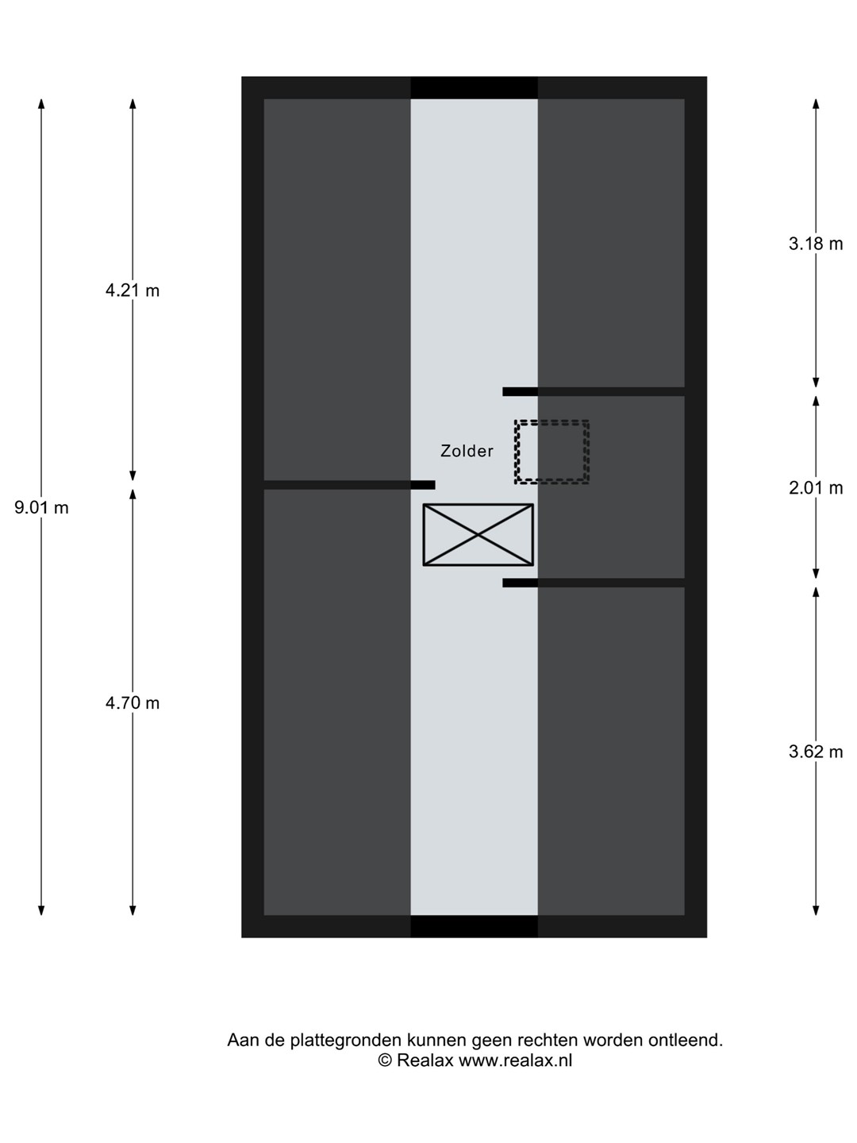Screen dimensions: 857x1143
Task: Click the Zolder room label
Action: click(467, 451)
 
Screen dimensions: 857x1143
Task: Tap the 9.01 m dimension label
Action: click(41, 508)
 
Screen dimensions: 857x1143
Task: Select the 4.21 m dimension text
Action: click(133, 291)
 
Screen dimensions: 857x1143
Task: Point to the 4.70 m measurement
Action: click(133, 703)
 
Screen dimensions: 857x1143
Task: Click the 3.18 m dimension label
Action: click(816, 244)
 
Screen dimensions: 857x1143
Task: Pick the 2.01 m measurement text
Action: click(816, 488)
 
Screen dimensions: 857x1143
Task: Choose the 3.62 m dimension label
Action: click(816, 752)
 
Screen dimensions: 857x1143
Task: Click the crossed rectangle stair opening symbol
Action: click(478, 535)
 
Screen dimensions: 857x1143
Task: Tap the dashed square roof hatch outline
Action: click(551, 452)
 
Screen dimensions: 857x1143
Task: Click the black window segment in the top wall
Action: click(474, 87)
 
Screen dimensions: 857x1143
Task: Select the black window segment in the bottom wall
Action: click(474, 926)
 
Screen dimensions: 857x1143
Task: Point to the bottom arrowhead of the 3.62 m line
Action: click(816, 910)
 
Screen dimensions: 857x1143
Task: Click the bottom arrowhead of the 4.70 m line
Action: click(133, 910)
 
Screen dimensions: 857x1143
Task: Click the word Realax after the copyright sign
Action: click(425, 1060)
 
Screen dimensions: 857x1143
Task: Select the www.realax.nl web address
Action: click(515, 1060)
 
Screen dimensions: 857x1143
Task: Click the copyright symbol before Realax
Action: click(385, 1060)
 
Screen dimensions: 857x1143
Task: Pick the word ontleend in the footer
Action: click(686, 1040)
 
